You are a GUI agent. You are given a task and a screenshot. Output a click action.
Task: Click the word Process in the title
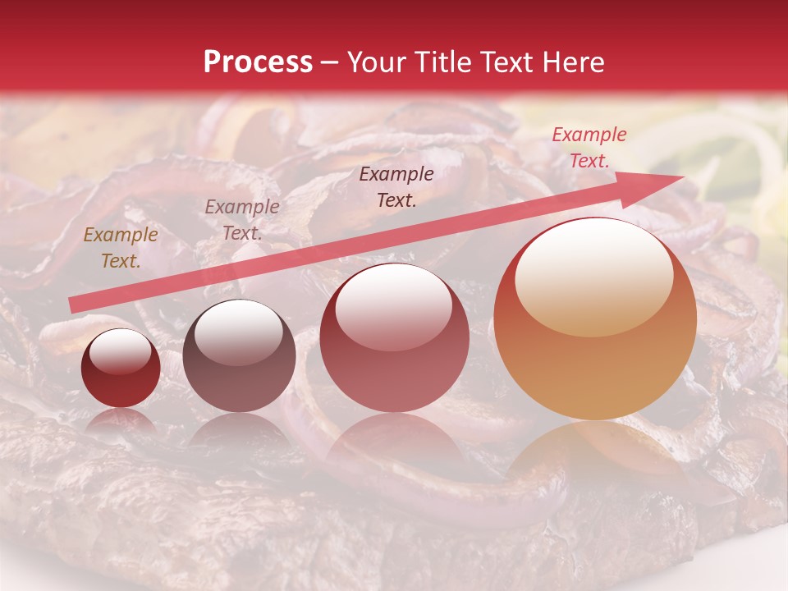pyautogui.click(x=258, y=62)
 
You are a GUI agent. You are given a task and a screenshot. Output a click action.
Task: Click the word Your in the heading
pyautogui.click(x=375, y=62)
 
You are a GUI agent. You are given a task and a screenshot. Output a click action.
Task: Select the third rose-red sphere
pyautogui.click(x=394, y=337)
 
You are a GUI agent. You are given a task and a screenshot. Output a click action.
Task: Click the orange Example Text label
pyautogui.click(x=121, y=248)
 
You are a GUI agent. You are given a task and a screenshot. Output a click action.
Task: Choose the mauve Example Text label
pyautogui.click(x=242, y=220)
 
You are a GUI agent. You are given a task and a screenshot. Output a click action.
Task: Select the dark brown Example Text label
pyautogui.click(x=396, y=186)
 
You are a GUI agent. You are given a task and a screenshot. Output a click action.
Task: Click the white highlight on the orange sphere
pyautogui.click(x=593, y=276)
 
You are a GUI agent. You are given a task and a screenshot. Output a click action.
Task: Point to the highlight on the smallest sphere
pyautogui.click(x=120, y=351)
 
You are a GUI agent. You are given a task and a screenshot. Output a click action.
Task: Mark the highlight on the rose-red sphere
pyautogui.click(x=393, y=305)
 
